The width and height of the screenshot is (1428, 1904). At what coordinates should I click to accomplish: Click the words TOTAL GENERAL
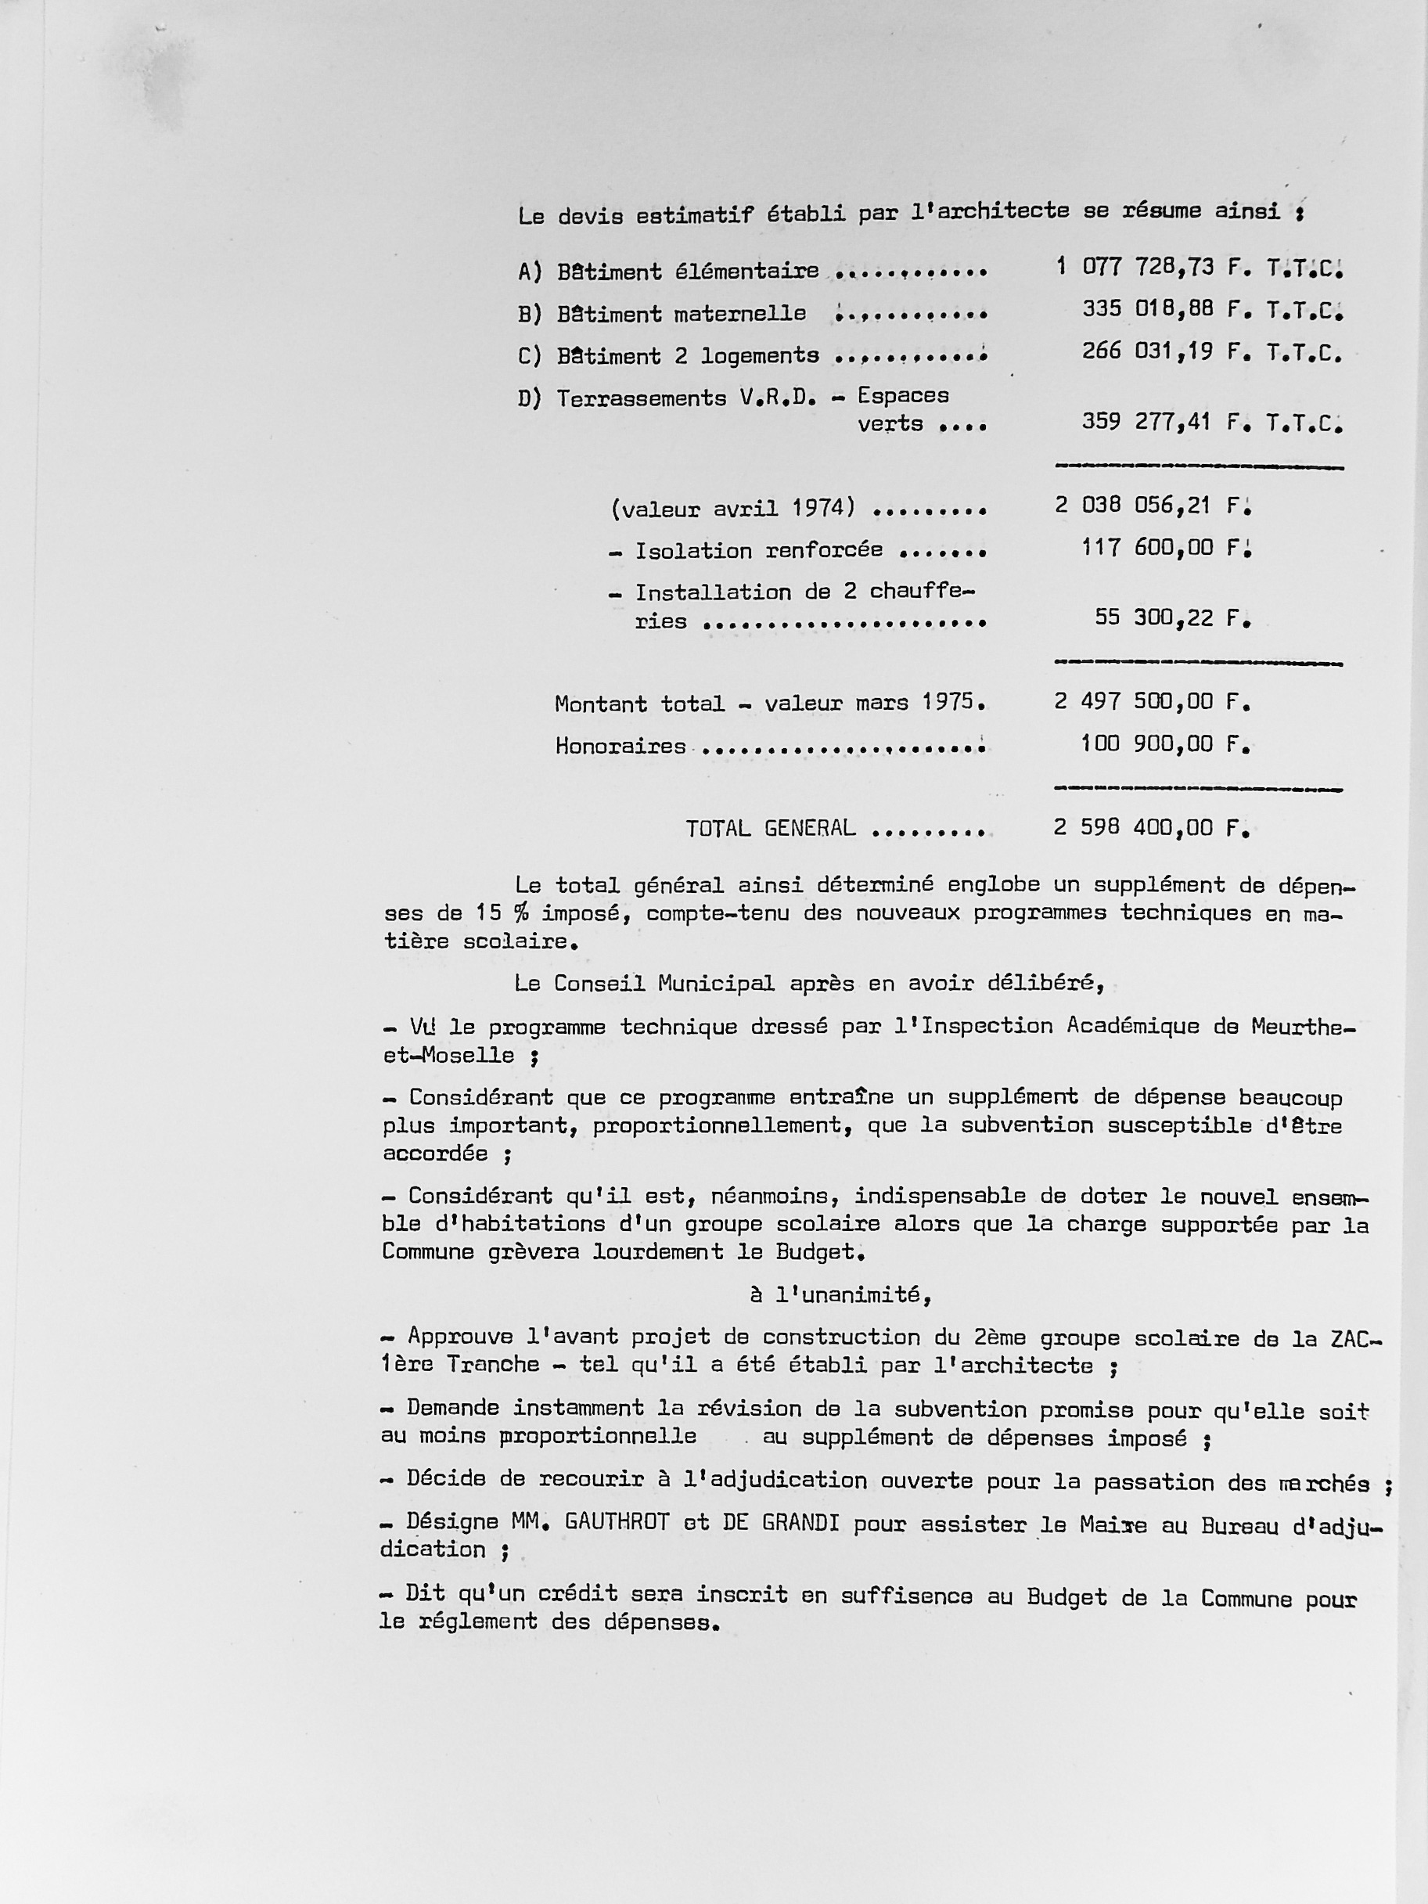click(x=771, y=828)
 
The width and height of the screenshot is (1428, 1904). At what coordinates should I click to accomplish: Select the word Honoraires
click(x=620, y=746)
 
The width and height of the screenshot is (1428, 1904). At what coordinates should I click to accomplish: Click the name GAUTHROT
click(x=617, y=1522)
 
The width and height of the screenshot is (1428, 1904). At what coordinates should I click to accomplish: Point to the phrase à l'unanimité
click(x=840, y=1294)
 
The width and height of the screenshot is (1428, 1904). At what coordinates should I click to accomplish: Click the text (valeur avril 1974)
click(x=732, y=509)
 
